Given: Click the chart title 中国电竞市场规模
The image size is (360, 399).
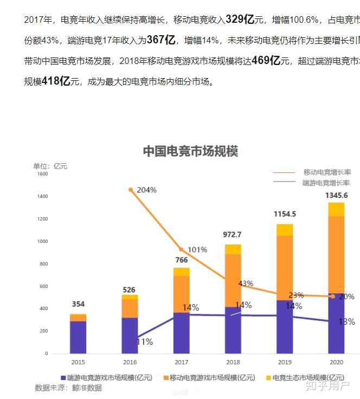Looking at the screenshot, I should click(190, 151).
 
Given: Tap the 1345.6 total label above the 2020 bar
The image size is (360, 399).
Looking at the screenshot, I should click(336, 195).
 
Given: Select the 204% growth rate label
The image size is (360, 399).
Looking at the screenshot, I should click(146, 190).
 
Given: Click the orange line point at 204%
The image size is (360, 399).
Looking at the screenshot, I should click(131, 190).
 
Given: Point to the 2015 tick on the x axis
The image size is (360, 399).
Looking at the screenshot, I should click(78, 362).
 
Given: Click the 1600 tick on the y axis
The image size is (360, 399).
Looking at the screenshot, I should click(42, 174).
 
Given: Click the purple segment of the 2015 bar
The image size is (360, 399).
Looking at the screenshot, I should click(78, 337).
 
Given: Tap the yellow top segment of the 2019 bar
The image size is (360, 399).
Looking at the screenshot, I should click(284, 230).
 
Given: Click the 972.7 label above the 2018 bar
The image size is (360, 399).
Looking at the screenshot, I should click(233, 235).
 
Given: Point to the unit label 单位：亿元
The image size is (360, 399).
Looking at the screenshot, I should click(50, 166).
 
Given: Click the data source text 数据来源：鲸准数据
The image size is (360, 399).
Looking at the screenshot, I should click(68, 388).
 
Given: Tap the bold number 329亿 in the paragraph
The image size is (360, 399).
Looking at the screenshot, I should click(240, 20).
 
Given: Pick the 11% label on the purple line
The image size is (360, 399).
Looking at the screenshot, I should click(145, 342).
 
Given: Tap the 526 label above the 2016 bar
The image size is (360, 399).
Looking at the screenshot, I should click(129, 290).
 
